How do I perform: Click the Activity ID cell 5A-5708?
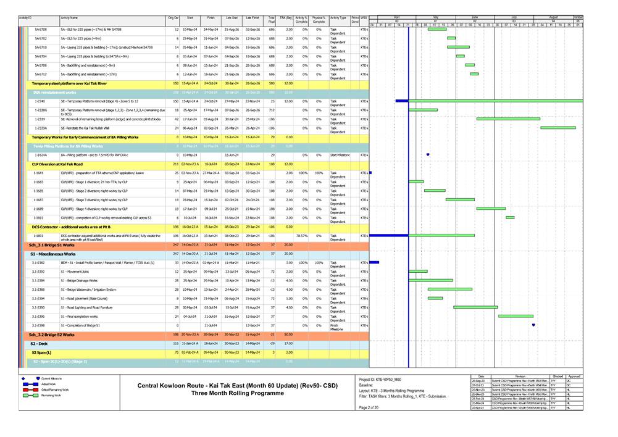click(41, 29)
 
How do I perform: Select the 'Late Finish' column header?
click(252, 19)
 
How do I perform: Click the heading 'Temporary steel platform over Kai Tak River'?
click(69, 83)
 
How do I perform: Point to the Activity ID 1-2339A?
click(41, 128)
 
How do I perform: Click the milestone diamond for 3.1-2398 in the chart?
click(533, 325)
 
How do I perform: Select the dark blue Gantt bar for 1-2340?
click(402, 101)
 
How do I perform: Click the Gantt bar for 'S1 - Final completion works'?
click(516, 316)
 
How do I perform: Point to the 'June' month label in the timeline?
click(475, 16)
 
